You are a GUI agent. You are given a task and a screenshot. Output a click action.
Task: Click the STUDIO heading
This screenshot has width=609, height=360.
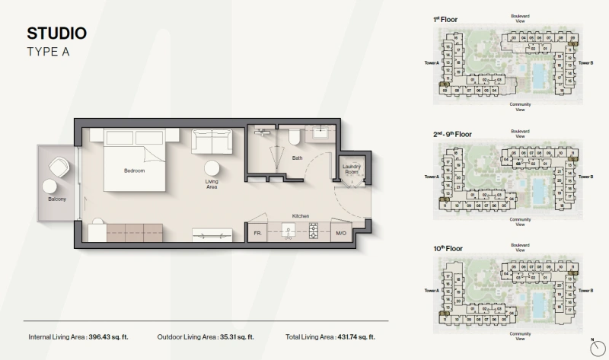(x=56, y=33)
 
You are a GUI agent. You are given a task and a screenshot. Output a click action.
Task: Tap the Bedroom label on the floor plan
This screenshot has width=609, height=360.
(x=134, y=170)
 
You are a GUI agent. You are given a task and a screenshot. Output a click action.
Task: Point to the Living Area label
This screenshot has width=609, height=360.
(x=212, y=184)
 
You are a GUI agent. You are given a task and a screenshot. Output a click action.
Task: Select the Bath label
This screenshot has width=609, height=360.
(x=297, y=158)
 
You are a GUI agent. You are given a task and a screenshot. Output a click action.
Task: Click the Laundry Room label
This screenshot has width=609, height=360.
(x=351, y=169)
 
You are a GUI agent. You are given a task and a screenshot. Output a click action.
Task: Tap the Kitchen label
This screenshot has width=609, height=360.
(x=301, y=216)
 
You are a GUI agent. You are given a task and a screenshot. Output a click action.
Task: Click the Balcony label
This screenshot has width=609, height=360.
(x=57, y=199)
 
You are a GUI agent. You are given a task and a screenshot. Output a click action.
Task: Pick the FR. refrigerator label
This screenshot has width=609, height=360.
(x=257, y=233)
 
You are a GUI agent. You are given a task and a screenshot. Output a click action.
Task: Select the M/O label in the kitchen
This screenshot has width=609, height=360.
(x=341, y=233)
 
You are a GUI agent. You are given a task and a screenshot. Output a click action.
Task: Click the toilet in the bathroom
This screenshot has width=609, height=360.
(x=294, y=136)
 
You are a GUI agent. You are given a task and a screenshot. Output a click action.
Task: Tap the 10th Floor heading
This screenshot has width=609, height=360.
(x=448, y=249)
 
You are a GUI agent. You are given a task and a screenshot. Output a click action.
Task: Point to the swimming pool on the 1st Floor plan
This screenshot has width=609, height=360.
(x=537, y=75)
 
